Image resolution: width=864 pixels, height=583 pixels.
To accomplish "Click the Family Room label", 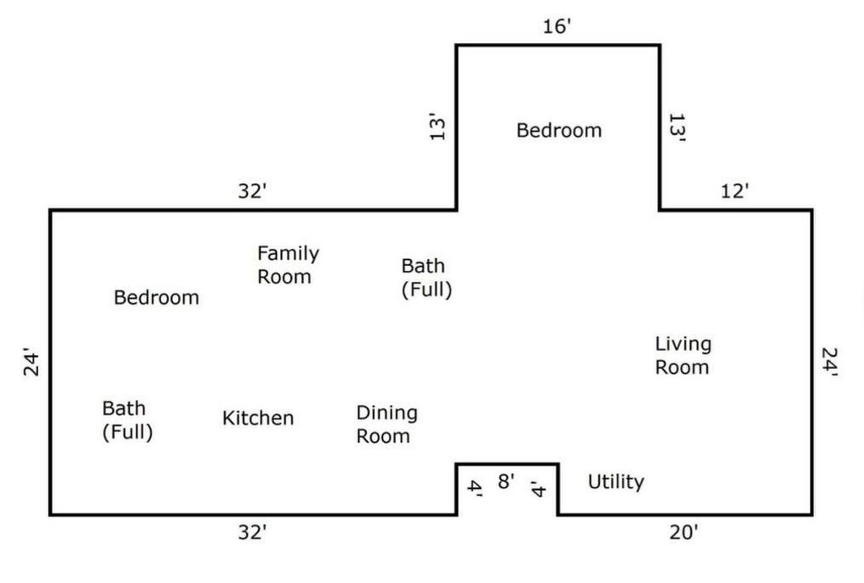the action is pyautogui.click(x=289, y=265).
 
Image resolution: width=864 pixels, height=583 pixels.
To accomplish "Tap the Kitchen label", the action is pyautogui.click(x=258, y=418).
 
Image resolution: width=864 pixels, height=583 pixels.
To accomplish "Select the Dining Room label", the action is pyautogui.click(x=386, y=424).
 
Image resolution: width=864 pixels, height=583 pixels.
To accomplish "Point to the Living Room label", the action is pyautogui.click(x=683, y=355).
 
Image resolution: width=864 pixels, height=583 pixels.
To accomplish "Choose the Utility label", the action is pyautogui.click(x=616, y=482).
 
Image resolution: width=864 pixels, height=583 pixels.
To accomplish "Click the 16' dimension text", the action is pyautogui.click(x=557, y=26).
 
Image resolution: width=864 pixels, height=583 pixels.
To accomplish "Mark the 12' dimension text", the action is pyautogui.click(x=735, y=192).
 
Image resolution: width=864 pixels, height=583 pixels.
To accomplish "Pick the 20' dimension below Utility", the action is pyautogui.click(x=683, y=533).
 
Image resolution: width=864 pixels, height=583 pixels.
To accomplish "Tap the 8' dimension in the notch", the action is pyautogui.click(x=506, y=481).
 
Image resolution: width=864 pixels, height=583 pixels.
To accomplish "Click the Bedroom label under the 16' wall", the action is pyautogui.click(x=559, y=131).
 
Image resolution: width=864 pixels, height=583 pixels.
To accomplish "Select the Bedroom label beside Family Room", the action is pyautogui.click(x=156, y=298).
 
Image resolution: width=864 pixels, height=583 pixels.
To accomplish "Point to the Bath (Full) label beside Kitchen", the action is pyautogui.click(x=127, y=420).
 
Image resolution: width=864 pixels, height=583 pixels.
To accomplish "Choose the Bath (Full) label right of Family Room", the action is pyautogui.click(x=426, y=278).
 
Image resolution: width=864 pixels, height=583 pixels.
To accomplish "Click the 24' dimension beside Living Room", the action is pyautogui.click(x=829, y=363).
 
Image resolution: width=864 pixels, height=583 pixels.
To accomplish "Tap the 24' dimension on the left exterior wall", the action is pyautogui.click(x=31, y=362).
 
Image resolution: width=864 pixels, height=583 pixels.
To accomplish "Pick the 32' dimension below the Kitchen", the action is pyautogui.click(x=252, y=533).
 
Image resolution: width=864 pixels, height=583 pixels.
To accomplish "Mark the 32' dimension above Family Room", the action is pyautogui.click(x=252, y=192).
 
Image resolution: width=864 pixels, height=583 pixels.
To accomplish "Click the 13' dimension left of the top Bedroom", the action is pyautogui.click(x=437, y=127).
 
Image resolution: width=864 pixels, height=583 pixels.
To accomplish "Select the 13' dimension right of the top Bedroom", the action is pyautogui.click(x=677, y=128).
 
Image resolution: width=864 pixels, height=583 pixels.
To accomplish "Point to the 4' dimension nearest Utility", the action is pyautogui.click(x=537, y=489).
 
